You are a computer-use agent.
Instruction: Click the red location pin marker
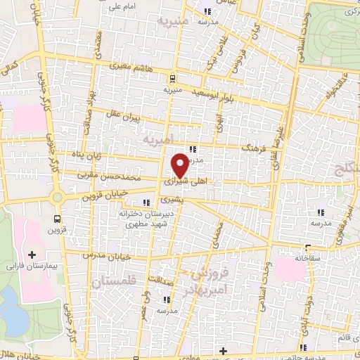tap(180, 165)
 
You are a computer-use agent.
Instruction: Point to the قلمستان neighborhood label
tap(112, 281)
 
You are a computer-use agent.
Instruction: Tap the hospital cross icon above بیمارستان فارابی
tap(31, 254)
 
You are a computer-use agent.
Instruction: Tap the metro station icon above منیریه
tap(172, 79)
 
